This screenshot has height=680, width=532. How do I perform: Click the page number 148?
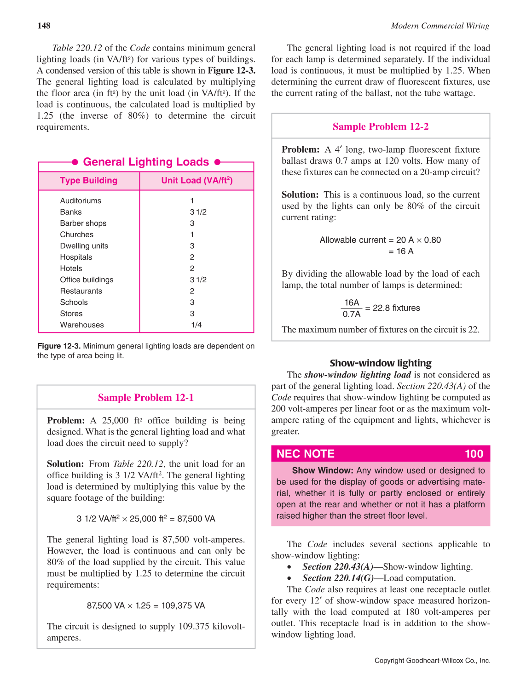click(x=44, y=26)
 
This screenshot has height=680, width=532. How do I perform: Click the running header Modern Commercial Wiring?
click(x=440, y=26)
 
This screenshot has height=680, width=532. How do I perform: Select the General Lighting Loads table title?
click(x=146, y=162)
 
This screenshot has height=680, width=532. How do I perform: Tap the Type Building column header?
click(x=88, y=181)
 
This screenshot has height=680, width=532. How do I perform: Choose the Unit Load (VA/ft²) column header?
click(x=197, y=181)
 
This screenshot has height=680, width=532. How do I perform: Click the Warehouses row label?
click(x=82, y=325)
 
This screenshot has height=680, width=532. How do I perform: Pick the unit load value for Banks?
click(x=198, y=212)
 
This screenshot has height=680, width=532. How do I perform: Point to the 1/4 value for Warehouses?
click(x=197, y=325)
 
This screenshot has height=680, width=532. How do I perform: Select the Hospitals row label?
click(x=76, y=257)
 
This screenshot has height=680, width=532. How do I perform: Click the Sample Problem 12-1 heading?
click(x=146, y=398)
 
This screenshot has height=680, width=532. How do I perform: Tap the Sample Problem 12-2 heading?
click(x=381, y=127)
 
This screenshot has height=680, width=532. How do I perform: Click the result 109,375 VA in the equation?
click(x=183, y=606)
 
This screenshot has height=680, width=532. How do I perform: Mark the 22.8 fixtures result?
click(x=396, y=308)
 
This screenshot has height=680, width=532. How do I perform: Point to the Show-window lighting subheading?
click(x=381, y=363)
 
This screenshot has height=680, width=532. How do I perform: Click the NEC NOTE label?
click(x=306, y=454)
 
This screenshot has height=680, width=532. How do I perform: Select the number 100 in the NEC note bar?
click(x=474, y=454)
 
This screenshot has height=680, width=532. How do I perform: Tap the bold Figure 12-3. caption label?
click(x=59, y=346)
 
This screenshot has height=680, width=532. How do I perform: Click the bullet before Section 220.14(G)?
click(x=289, y=578)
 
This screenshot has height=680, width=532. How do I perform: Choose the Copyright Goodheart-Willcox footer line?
click(x=432, y=661)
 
